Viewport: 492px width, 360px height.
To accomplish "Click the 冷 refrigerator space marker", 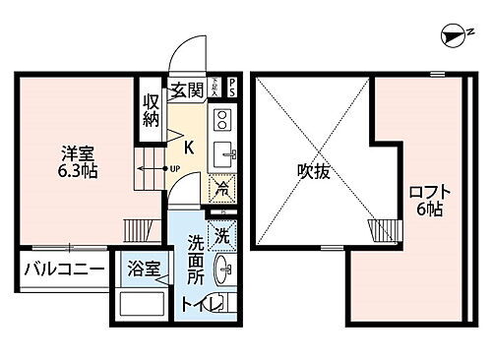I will coord(223,187).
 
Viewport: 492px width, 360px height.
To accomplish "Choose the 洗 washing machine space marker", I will coord(223,235).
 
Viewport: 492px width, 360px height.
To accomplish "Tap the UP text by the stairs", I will coord(174,168).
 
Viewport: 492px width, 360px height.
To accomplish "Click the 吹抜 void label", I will coord(312,168).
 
